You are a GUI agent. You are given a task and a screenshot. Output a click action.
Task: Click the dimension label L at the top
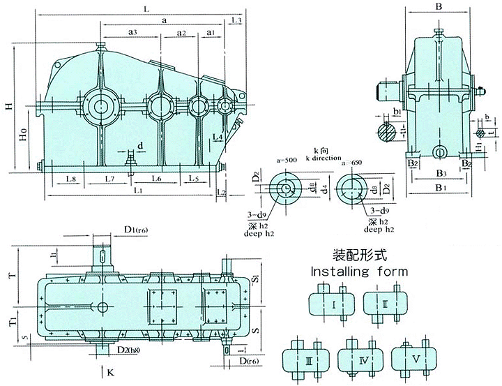[x=144, y=8]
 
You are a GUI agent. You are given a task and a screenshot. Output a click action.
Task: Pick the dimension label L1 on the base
[x=137, y=190]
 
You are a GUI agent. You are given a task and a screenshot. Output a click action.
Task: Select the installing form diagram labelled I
[x=335, y=305]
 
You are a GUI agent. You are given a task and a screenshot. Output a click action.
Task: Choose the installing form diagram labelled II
[x=386, y=305]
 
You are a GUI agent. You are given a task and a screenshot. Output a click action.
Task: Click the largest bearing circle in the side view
[x=100, y=106]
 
